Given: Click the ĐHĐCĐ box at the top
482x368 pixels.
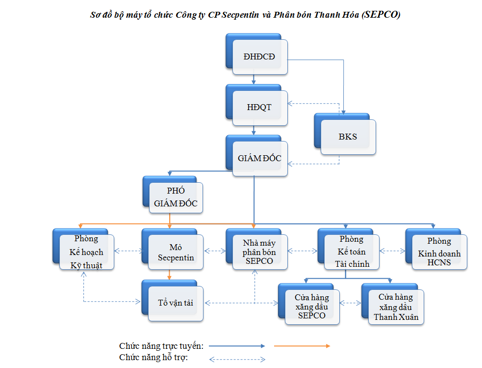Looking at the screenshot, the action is (256, 54).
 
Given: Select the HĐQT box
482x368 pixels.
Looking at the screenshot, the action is (256, 105).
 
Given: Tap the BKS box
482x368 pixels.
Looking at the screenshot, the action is (345, 134).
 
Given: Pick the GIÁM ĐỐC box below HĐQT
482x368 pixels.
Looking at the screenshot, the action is (256, 156).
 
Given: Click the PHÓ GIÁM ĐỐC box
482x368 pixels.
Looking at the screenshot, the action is (173, 195).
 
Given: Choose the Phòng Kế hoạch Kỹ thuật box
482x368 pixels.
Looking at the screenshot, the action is (83, 250).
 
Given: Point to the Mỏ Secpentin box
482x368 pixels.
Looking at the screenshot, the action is (173, 250).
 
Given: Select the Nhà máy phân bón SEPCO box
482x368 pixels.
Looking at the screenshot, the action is (256, 250).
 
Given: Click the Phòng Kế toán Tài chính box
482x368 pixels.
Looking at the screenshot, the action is (349, 250).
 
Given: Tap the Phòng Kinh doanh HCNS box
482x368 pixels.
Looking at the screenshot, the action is (436, 250).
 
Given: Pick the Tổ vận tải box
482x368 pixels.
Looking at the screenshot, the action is (173, 301).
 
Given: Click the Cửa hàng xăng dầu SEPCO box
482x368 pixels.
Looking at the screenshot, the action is (309, 304).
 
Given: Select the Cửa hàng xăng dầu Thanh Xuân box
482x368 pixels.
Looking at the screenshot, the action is (393, 304).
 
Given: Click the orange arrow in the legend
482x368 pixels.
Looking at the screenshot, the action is (302, 346).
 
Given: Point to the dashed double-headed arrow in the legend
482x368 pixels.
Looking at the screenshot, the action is (237, 359).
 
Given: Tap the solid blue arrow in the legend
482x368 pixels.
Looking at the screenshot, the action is (237, 346).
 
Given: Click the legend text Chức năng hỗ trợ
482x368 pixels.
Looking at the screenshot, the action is (153, 358).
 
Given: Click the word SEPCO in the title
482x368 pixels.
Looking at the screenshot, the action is (381, 14).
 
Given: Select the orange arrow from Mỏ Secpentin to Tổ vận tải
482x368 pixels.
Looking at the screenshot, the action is (169, 275).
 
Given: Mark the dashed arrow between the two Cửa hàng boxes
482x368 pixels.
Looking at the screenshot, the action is (351, 303).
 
